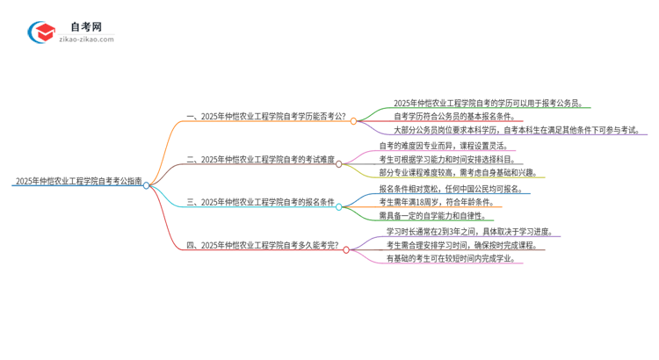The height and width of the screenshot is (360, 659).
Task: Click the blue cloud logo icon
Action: coord(41,33)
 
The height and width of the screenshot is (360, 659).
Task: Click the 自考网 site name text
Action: coord(86,27)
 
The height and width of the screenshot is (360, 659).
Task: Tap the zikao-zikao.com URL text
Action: coord(85,40)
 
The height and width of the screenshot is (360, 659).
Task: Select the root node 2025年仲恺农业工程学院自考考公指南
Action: coord(76,183)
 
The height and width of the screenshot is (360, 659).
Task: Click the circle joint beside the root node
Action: coord(147,185)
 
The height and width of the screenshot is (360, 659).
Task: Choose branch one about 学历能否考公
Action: coord(268,117)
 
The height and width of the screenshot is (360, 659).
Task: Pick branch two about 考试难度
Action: coord(261,160)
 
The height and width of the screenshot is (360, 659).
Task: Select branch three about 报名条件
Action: coord(261,203)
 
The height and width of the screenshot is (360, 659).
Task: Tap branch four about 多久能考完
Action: coord(264,246)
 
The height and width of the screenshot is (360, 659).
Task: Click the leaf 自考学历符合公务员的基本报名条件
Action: coord(465,116)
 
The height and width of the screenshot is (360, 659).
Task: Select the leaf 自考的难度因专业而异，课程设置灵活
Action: coord(443,146)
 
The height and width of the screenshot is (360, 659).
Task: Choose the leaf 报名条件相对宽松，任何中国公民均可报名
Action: coord(451,189)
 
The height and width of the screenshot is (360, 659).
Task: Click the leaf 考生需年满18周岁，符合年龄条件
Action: coord(434,203)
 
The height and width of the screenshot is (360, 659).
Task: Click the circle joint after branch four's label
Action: coord(346,249)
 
